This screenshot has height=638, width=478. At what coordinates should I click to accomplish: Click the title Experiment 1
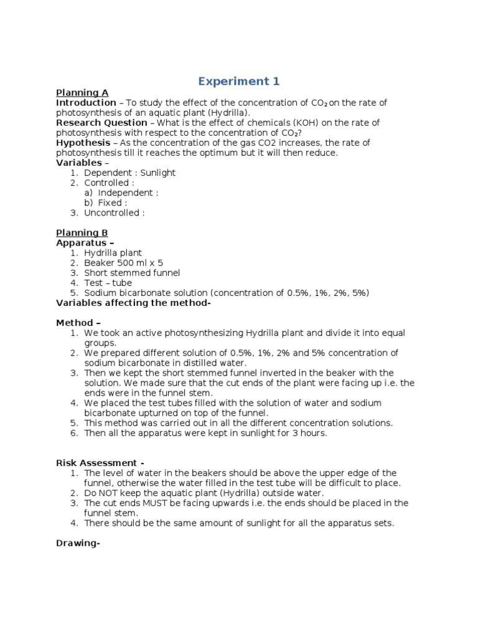[239, 81]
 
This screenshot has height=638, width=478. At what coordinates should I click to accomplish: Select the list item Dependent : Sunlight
[129, 173]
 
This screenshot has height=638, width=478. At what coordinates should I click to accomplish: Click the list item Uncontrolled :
[115, 212]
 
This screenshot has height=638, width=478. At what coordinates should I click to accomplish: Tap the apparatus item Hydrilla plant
[113, 253]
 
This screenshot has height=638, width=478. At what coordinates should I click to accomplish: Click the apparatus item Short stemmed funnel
[132, 273]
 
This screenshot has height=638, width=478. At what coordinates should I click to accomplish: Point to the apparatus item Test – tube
[108, 283]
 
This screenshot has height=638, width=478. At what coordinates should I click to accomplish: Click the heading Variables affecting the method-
[134, 303]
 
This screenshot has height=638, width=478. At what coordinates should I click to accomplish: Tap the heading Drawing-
[78, 543]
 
